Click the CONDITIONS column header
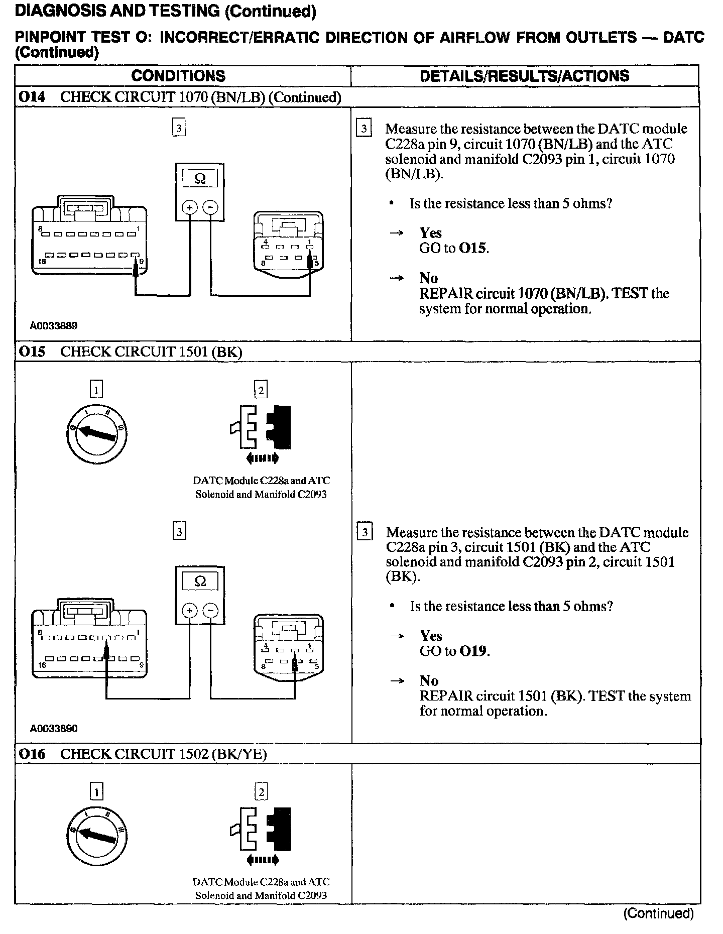tap(178, 76)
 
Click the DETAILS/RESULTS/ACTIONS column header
tap(524, 76)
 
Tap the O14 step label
tap(32, 97)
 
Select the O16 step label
tap(32, 754)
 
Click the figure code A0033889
tap(54, 325)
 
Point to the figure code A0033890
tap(54, 728)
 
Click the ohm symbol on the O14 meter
tap(200, 179)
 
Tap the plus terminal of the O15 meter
tap(189, 610)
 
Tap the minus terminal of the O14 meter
tap(211, 207)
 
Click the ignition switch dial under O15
tap(97, 432)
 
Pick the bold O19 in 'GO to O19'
tap(473, 651)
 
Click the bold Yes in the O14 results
tap(430, 233)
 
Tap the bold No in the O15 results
tap(429, 681)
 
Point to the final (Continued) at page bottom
tap(658, 913)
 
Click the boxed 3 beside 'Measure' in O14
tap(364, 129)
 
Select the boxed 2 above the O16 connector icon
tap(261, 792)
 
